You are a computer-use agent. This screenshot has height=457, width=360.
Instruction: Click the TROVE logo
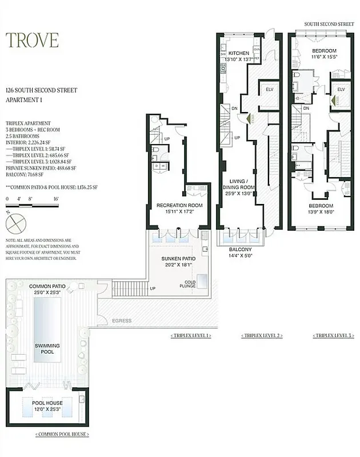pyautogui.click(x=32, y=40)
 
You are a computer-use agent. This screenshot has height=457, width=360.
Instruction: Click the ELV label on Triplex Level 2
pyautogui.click(x=267, y=90)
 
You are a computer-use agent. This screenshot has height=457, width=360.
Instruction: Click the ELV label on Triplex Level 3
pyautogui.click(x=340, y=90)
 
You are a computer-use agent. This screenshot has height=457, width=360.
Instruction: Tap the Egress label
pyautogui.click(x=122, y=321)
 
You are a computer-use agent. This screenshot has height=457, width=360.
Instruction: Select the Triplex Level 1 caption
pyautogui.click(x=190, y=335)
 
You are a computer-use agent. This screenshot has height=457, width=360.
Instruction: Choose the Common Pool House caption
pyautogui.click(x=63, y=435)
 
